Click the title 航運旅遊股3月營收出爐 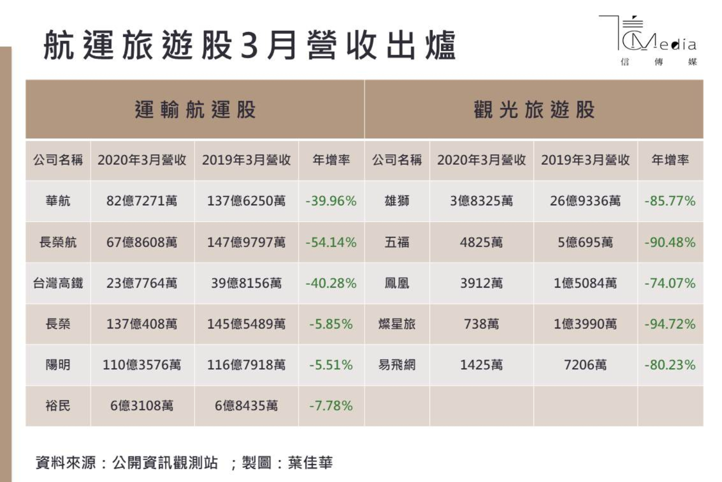click(x=249, y=46)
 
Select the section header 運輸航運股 click(x=195, y=110)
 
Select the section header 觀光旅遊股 click(x=534, y=110)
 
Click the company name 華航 click(x=58, y=201)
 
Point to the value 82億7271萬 click(x=142, y=201)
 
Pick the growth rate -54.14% click(x=331, y=242)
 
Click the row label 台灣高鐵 click(x=58, y=283)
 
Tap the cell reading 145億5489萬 click(x=246, y=324)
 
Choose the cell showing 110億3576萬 click(x=142, y=365)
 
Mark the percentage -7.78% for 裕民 click(x=331, y=406)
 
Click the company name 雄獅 click(x=397, y=201)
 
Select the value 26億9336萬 click(x=585, y=201)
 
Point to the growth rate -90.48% click(x=670, y=242)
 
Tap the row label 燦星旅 click(x=397, y=324)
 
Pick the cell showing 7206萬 click(x=585, y=365)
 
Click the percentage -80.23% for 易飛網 click(x=670, y=365)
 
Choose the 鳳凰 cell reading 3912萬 click(x=481, y=283)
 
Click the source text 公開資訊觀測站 click(x=165, y=463)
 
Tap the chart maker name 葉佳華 click(x=310, y=463)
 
